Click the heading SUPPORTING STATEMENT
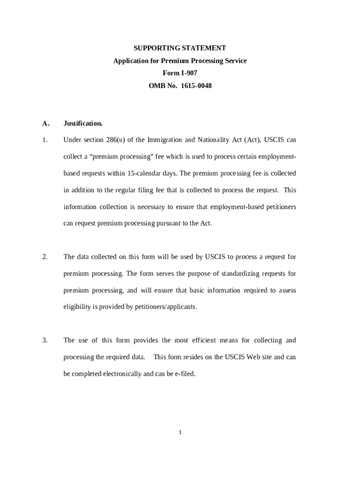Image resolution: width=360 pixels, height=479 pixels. (180, 48)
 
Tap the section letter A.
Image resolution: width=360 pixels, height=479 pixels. (45, 123)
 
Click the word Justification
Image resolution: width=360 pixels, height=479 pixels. (83, 123)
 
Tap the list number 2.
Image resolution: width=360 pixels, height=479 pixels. (45, 257)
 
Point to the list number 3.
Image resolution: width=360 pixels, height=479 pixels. (45, 340)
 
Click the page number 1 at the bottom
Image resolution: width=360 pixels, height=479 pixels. (180, 432)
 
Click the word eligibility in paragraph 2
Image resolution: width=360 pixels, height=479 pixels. (77, 307)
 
